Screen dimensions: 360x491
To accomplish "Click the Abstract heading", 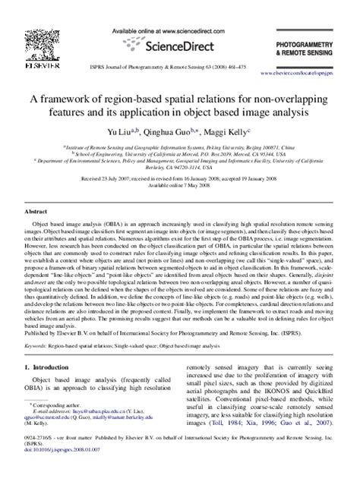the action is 37,212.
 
